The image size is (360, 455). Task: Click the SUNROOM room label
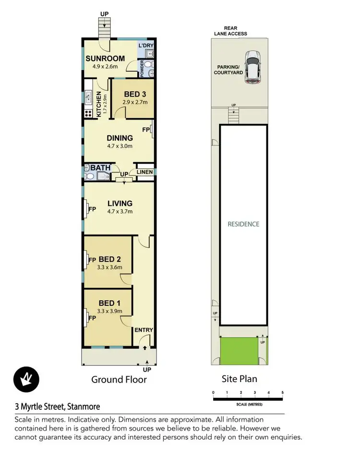[105, 59]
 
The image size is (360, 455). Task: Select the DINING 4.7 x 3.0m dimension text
[119, 146]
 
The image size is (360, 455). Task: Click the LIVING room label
[120, 203]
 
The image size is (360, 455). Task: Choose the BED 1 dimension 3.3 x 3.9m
[110, 311]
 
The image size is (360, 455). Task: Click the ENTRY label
[144, 330]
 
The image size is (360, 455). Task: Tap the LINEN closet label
[144, 172]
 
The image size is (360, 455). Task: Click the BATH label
[101, 168]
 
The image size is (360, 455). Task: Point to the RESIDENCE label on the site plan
[243, 224]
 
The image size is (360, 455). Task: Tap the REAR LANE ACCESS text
[231, 31]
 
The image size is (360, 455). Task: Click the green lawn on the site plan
[238, 350]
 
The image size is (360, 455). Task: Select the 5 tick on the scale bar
[282, 393]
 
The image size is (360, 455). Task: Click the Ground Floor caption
[119, 380]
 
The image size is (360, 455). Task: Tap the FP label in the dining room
[145, 130]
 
